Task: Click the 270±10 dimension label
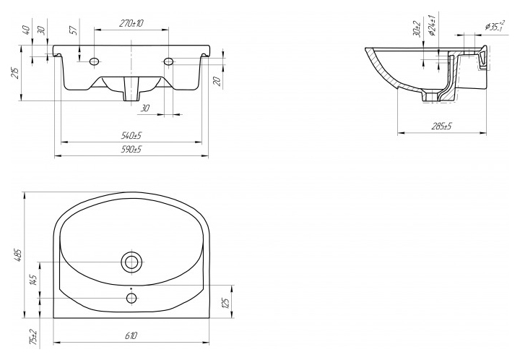tap(131, 24)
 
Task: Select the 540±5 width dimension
tap(131, 135)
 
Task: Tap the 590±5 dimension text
tap(131, 149)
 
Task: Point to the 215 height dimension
tap(15, 73)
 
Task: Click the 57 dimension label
tap(74, 30)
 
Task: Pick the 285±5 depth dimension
tap(442, 127)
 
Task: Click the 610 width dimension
tap(131, 335)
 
